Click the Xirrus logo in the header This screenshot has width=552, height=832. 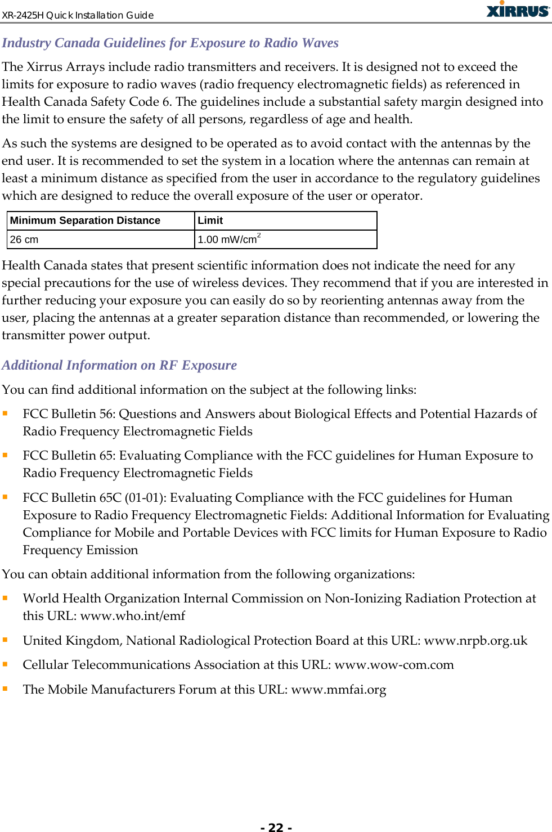point(518,10)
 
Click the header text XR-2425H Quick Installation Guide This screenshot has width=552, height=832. point(78,15)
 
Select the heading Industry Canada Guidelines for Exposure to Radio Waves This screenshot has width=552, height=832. point(170,43)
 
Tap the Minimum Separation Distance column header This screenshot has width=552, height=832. point(85,221)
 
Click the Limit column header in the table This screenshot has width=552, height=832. point(210,221)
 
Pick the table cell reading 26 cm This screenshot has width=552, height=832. point(24,240)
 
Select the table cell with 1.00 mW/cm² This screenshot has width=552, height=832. point(228,240)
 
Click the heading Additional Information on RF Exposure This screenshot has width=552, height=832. point(119,365)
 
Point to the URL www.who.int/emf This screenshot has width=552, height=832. point(132,616)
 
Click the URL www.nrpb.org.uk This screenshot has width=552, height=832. point(475,641)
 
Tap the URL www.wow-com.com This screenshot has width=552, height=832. point(394,665)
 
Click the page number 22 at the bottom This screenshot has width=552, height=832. point(276,827)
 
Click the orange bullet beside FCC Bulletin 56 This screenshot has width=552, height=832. point(5,413)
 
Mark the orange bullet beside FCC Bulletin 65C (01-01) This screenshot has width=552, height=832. point(5,497)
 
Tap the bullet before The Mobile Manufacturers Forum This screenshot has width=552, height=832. point(5,689)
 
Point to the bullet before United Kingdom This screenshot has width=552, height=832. point(5,640)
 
